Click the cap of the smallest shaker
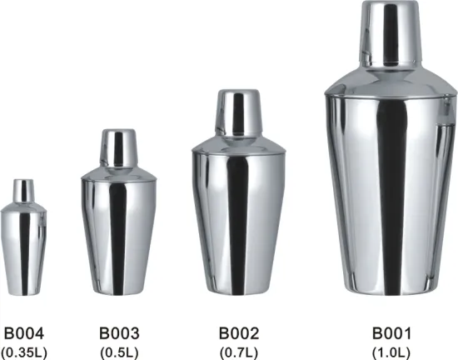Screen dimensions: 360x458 [24, 190]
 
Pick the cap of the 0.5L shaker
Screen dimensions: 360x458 [119, 146]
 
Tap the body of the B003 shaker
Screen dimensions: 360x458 [118, 233]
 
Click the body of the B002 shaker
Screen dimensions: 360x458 [238, 225]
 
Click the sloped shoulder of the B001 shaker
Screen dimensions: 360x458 [390, 82]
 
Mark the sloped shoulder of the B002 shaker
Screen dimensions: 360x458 [238, 142]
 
